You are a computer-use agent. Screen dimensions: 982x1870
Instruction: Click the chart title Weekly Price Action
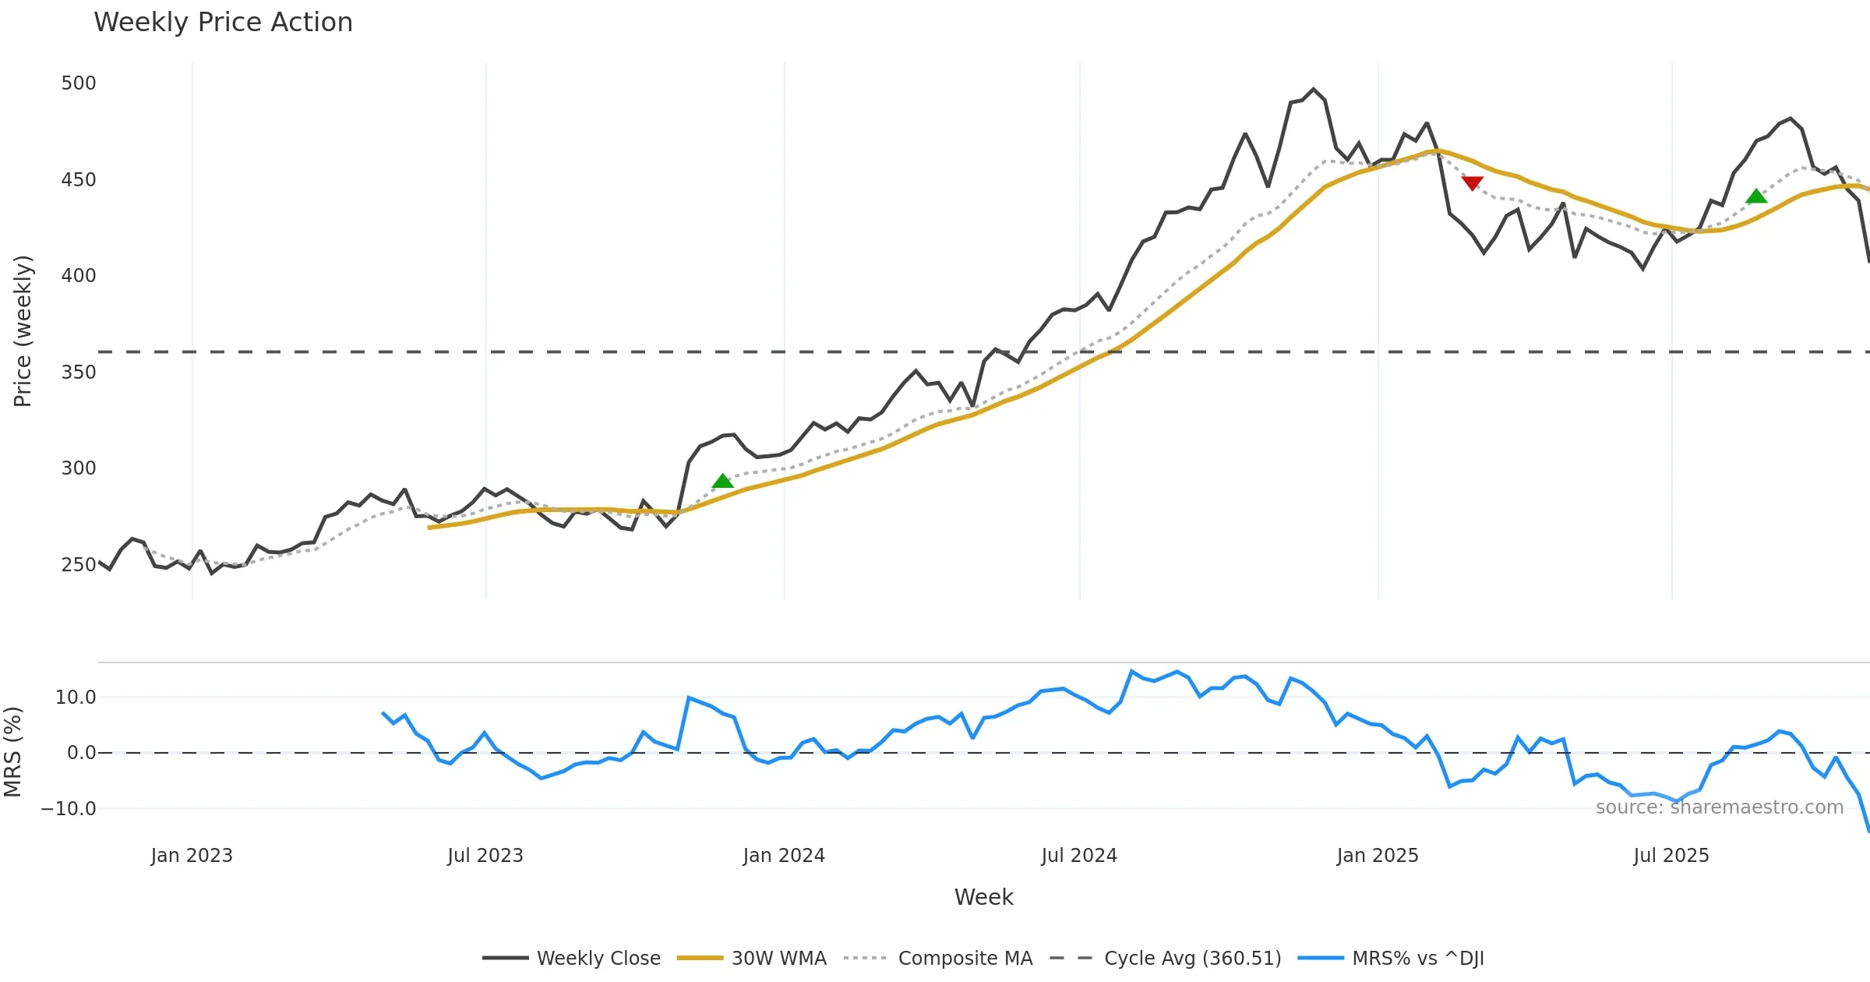point(223,23)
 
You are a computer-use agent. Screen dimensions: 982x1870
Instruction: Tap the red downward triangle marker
point(1472,183)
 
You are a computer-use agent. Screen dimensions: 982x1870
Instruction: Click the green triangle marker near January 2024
point(723,482)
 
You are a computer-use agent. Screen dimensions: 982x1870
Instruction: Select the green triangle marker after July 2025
point(1756,196)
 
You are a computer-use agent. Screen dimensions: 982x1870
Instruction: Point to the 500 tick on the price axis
point(79,83)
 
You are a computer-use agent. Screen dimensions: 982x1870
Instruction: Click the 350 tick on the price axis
point(79,373)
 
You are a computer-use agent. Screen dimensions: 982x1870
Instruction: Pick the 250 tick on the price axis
point(79,565)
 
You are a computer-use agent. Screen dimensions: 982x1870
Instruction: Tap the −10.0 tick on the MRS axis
point(69,809)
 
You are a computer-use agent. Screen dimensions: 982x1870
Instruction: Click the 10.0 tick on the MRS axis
point(76,698)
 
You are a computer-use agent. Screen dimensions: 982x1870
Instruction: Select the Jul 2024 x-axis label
point(1079,856)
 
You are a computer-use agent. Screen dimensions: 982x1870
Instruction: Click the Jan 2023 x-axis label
point(192,856)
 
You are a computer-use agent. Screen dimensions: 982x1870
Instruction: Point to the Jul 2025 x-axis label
point(1671,856)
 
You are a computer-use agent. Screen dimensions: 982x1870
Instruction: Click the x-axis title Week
point(983,897)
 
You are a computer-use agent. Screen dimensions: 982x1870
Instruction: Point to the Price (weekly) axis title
point(23,331)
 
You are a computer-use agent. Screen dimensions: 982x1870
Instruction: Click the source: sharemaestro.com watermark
point(1719,807)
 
